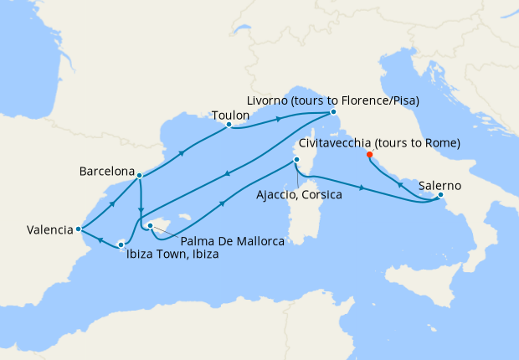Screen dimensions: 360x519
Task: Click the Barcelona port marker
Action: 139,176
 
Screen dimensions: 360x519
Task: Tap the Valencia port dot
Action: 78,228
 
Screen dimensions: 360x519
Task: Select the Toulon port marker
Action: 229,127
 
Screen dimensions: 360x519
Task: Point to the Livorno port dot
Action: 332,112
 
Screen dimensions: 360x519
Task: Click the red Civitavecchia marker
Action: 369,154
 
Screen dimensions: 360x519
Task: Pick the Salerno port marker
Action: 441,198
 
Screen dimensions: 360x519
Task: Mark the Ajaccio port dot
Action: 296,161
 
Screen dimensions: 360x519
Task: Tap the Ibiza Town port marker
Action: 121,244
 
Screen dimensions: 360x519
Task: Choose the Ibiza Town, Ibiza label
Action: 172,255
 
